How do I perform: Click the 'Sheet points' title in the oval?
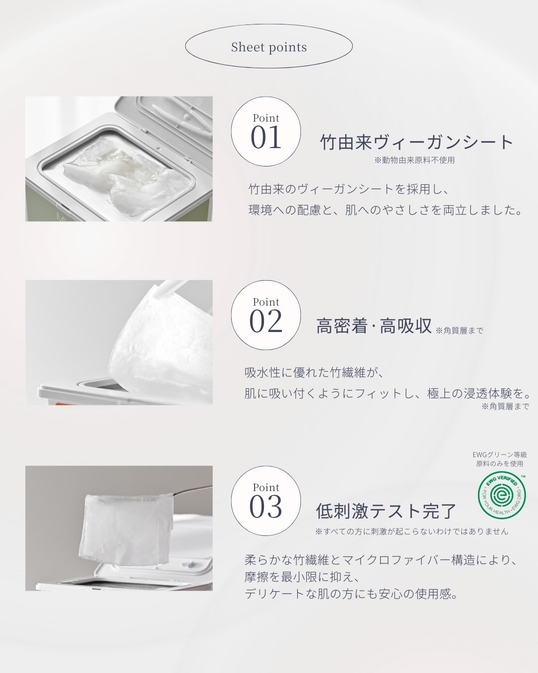coord(269,47)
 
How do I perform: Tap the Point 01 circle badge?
coord(266,131)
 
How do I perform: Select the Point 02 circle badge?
coord(266,315)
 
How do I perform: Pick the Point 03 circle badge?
coord(266,501)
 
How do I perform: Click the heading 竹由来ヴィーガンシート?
coord(417,142)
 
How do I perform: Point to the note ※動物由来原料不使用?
coord(414,160)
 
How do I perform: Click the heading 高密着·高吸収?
coord(374,326)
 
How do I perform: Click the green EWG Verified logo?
coord(502,495)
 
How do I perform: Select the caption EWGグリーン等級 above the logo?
coord(500,455)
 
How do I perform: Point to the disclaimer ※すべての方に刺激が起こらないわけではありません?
coord(411,531)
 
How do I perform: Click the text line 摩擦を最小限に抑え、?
coord(302,577)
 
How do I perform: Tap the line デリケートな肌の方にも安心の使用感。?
coord(352,594)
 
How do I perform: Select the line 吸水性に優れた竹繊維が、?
coord(314,372)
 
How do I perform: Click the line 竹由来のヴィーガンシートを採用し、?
coord(349,189)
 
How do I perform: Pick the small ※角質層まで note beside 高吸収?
coord(459,331)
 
